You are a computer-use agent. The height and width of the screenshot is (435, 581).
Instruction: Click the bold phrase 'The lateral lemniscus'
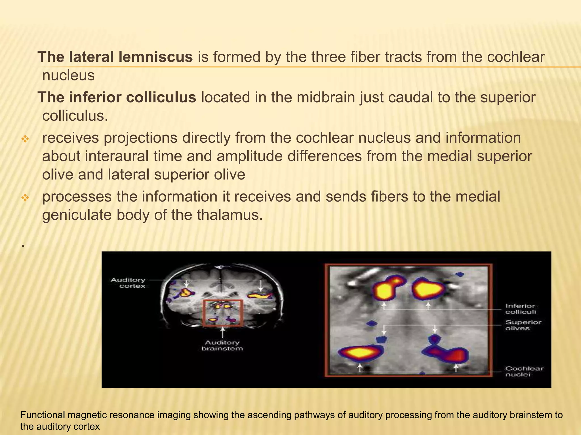tap(115, 57)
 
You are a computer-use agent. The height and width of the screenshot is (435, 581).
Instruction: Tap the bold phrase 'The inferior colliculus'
tap(117, 97)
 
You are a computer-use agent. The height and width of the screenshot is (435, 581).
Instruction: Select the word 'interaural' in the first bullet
tap(117, 156)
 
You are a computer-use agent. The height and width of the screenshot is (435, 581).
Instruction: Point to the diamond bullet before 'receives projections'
tap(25, 139)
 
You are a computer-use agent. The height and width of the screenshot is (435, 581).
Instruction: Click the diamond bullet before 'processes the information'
tap(25, 198)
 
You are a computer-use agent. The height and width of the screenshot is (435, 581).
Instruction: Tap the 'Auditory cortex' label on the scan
tap(128, 283)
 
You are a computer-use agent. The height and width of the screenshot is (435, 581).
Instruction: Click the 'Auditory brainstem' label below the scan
tap(222, 346)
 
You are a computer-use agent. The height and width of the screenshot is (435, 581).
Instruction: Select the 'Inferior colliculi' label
tap(521, 309)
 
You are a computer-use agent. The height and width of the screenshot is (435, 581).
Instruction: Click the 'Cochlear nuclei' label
tap(524, 371)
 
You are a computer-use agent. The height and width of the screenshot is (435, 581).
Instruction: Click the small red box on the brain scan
tap(223, 313)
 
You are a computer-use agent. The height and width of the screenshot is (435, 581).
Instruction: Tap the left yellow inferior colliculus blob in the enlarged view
tap(385, 290)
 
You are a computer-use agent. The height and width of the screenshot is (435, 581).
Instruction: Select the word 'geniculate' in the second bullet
tap(77, 215)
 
